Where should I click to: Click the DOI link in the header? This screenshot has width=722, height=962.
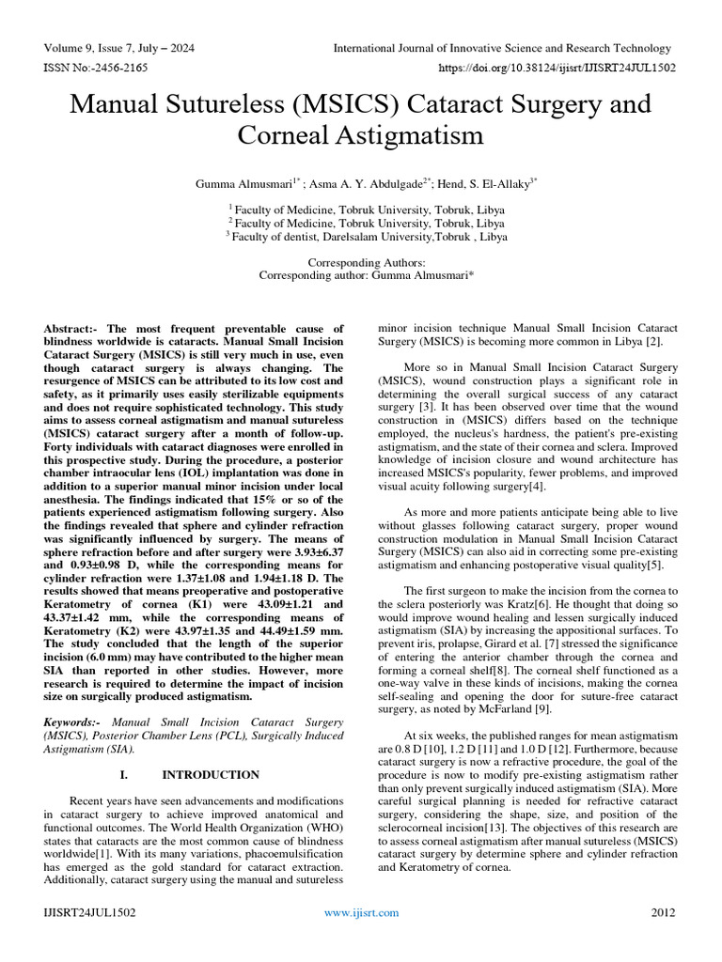tap(557, 69)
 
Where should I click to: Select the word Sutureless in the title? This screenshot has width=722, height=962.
tap(234, 103)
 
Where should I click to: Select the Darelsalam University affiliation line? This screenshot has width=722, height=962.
tap(367, 238)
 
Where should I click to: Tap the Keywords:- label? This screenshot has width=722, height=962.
tap(72, 721)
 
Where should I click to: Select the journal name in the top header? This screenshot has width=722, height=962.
tap(502, 48)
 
